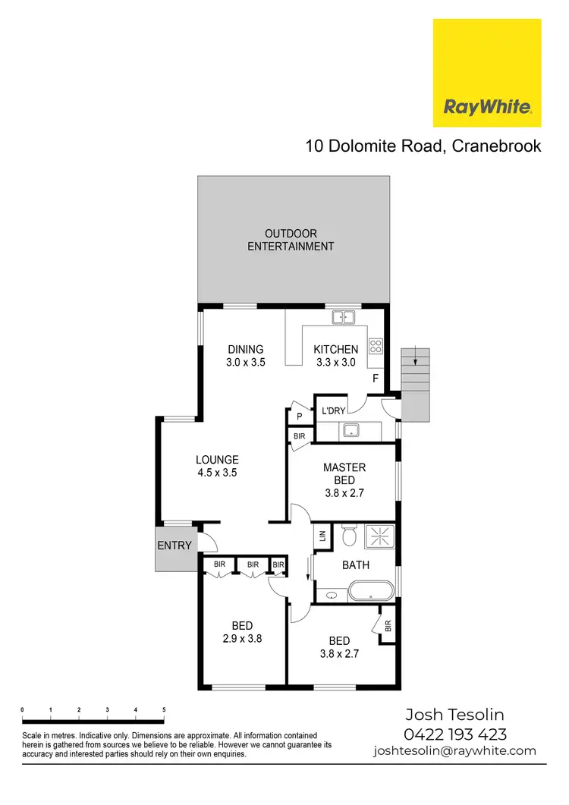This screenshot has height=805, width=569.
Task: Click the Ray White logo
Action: click(486, 74)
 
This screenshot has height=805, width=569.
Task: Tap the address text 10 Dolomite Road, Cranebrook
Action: click(423, 146)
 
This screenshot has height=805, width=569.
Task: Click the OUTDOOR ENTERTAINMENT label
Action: click(291, 240)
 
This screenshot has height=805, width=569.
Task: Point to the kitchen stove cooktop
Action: click(376, 346)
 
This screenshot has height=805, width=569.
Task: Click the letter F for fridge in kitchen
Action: click(374, 378)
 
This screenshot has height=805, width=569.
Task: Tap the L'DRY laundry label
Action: click(334, 410)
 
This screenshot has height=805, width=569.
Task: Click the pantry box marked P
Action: click(299, 416)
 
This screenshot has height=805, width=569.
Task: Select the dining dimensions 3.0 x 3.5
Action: click(245, 363)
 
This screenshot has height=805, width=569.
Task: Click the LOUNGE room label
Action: click(217, 460)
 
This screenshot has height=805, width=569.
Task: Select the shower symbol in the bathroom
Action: click(379, 536)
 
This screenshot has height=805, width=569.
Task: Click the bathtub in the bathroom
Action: click(369, 591)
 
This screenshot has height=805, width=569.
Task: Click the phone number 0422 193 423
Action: click(455, 734)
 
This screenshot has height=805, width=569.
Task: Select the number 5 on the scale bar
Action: click(164, 709)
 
